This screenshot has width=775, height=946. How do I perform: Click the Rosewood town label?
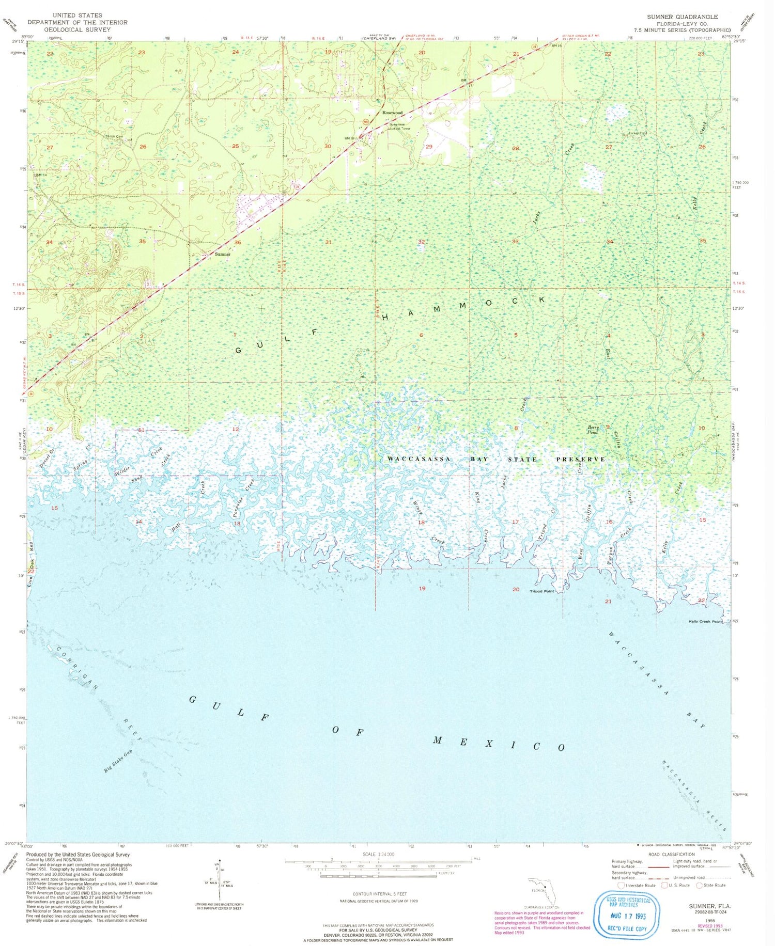tap(392, 113)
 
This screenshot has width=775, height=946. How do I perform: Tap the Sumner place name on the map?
tap(223, 254)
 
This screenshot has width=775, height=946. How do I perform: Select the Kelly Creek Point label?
tap(705, 622)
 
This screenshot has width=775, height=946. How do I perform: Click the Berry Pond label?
tap(593, 430)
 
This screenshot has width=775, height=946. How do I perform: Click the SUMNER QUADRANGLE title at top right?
tap(682, 17)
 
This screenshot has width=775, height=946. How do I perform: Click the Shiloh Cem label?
tap(114, 136)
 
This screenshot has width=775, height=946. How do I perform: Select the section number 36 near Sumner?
tap(238, 242)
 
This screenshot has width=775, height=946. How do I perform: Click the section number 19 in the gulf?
tap(422, 589)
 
